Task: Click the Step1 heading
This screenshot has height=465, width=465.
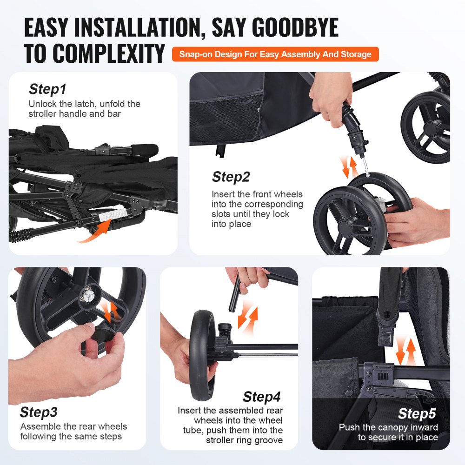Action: coord(47,89)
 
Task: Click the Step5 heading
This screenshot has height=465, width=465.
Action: coord(417,413)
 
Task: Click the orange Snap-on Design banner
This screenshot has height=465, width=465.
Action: coord(275,54)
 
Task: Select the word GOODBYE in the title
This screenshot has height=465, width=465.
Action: coord(275,28)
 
